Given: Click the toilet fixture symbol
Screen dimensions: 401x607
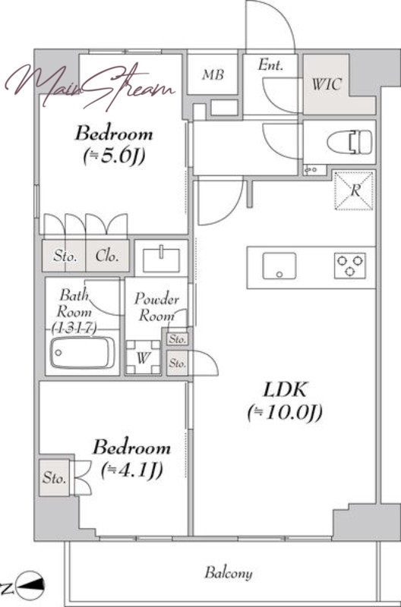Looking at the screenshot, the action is pyautogui.click(x=350, y=142).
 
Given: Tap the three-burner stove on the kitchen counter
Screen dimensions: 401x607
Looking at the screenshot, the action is pyautogui.click(x=350, y=266).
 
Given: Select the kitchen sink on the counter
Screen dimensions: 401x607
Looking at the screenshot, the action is pyautogui.click(x=279, y=266).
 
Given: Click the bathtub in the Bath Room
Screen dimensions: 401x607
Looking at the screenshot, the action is pyautogui.click(x=83, y=353).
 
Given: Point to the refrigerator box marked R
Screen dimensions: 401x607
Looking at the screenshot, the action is pyautogui.click(x=354, y=191).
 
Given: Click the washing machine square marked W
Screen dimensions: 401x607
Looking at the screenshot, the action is pyautogui.click(x=143, y=357).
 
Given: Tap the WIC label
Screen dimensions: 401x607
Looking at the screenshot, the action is pyautogui.click(x=327, y=84).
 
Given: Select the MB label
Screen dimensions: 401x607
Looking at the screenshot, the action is pyautogui.click(x=213, y=74).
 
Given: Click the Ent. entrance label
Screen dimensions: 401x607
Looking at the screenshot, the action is pyautogui.click(x=270, y=64).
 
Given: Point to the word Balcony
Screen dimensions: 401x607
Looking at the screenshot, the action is pyautogui.click(x=228, y=573).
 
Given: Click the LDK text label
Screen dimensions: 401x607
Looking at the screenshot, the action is pyautogui.click(x=285, y=389).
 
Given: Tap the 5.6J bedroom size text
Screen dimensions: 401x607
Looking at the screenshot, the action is pyautogui.click(x=114, y=156).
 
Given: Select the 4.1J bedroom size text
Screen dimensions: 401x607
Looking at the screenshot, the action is pyautogui.click(x=131, y=470).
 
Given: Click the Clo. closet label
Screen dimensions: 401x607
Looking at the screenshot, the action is pyautogui.click(x=106, y=256).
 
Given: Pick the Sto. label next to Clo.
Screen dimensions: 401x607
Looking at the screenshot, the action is pyautogui.click(x=65, y=256).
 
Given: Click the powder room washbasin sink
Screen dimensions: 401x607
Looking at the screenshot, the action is pyautogui.click(x=161, y=260).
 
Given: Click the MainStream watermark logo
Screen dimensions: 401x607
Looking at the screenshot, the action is pyautogui.click(x=90, y=86).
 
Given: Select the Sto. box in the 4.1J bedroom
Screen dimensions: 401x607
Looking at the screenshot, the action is pyautogui.click(x=54, y=477).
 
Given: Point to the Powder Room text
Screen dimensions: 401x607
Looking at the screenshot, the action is pyautogui.click(x=156, y=307).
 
